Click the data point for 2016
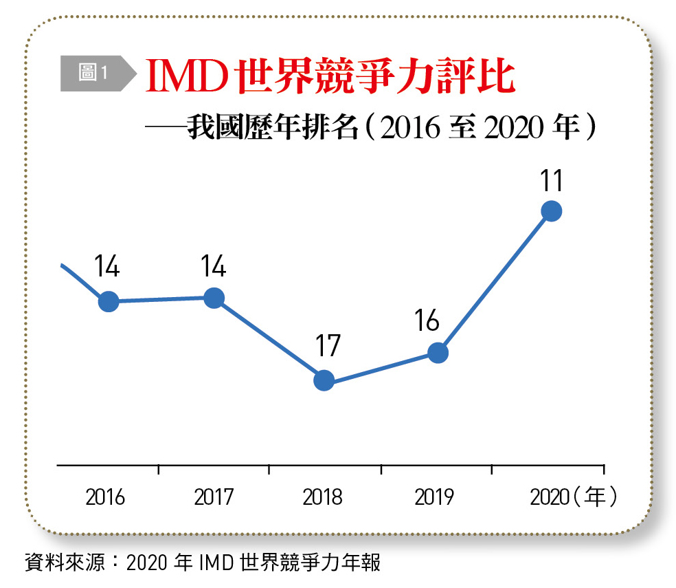click(109, 301)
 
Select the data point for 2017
click(214, 298)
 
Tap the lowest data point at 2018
click(324, 380)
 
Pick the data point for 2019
click(438, 353)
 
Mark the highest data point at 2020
click(551, 211)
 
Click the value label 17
click(328, 346)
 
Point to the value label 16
click(427, 320)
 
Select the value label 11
click(551, 181)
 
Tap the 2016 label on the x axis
click(105, 497)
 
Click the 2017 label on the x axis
click(214, 497)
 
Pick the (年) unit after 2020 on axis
click(594, 497)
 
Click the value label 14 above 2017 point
click(214, 266)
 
